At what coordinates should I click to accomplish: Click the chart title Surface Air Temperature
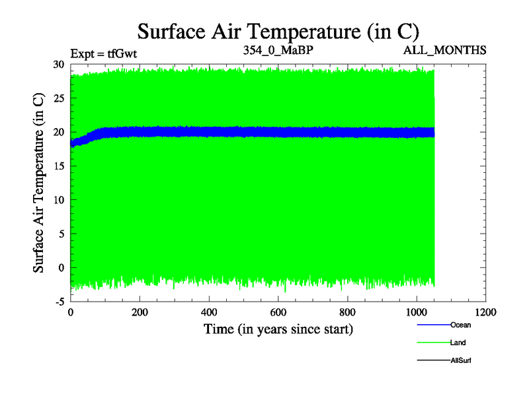278,31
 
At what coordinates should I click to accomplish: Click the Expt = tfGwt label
103,53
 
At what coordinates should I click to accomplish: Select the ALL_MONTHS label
449,50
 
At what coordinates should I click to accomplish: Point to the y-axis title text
39,183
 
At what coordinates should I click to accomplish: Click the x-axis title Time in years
278,329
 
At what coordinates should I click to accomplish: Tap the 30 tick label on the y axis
58,64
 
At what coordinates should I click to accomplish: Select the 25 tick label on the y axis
58,98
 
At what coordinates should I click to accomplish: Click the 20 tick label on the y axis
58,132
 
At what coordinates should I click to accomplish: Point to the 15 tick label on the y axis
58,166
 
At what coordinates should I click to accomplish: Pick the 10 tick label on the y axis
58,200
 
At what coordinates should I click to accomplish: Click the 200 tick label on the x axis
140,312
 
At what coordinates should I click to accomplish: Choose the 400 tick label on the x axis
209,312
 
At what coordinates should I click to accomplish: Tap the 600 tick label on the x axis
278,312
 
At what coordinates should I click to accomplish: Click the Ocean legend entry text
461,325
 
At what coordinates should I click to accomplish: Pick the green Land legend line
433,343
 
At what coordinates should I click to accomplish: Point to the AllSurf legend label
461,360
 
